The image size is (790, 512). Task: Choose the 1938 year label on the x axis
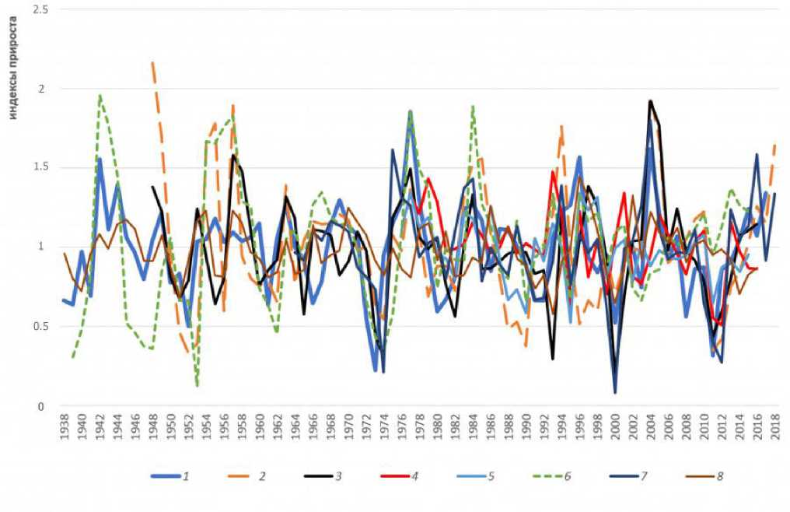[x=65, y=427]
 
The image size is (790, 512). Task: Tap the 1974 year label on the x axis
[x=384, y=427]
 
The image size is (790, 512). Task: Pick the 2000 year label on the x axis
[x=615, y=427]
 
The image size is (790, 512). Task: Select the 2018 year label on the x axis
[x=775, y=427]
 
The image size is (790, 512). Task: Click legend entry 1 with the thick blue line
[x=167, y=475]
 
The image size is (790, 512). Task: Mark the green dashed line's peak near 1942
[x=100, y=95]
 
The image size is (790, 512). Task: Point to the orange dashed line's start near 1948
[x=152, y=62]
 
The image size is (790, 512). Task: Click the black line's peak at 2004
[x=650, y=100]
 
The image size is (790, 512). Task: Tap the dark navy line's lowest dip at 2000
[x=615, y=392]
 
